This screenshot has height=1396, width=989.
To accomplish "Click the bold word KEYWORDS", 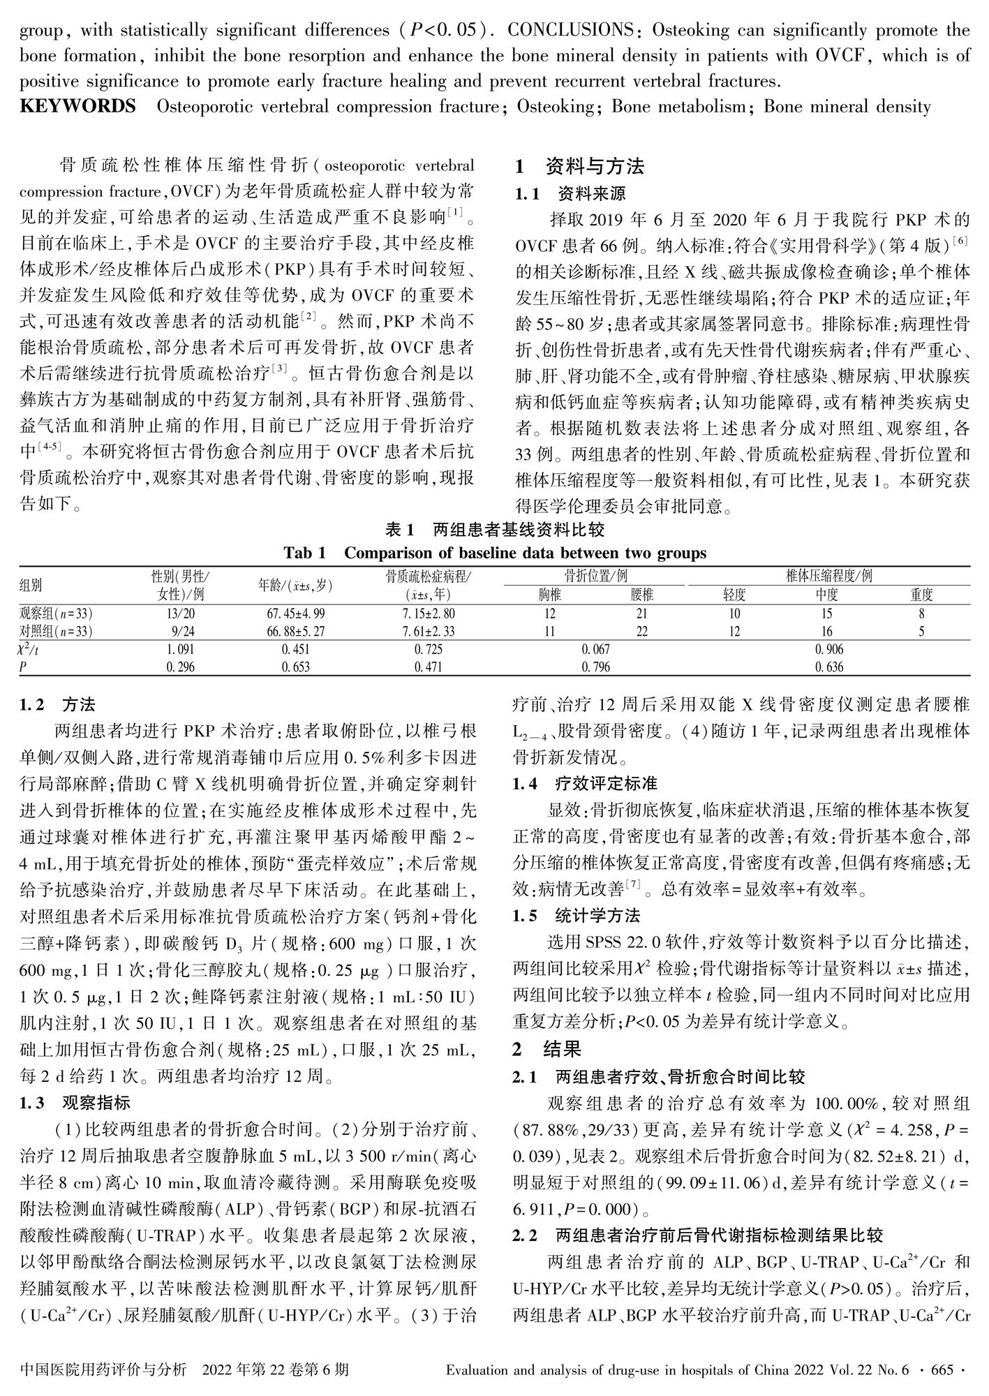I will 77,107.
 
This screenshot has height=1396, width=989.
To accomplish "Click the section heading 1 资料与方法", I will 579,167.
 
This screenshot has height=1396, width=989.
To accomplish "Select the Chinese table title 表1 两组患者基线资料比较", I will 495,530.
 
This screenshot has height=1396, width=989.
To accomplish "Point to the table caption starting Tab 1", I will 495,554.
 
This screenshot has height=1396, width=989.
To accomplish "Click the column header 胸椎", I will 549,595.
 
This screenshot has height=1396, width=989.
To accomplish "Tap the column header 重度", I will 921,595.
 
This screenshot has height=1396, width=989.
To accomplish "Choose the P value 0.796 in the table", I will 595,667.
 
